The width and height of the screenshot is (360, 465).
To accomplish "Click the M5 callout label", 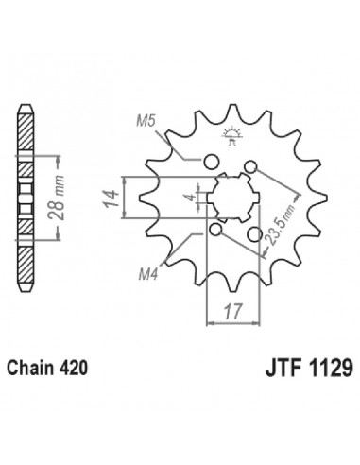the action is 146,121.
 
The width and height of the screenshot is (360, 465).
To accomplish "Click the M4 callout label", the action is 148,275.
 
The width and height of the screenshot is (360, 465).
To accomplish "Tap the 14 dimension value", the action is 111,198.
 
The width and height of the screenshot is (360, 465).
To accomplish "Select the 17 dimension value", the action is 233,311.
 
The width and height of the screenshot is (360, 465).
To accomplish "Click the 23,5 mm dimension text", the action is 282,224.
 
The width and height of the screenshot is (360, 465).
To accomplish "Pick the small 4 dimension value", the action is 191,198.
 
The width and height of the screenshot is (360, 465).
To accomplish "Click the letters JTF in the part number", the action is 283,368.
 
